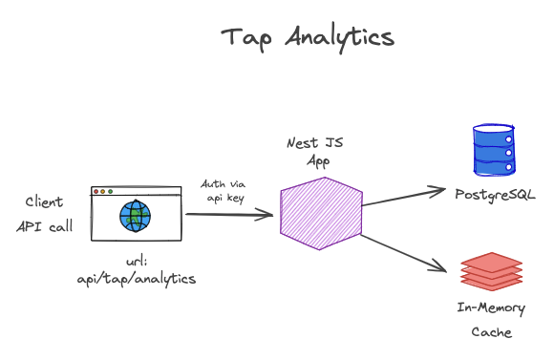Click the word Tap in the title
[246, 38]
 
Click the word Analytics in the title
[339, 38]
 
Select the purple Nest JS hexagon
[321, 214]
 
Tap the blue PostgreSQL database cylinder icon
[494, 150]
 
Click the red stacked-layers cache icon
[492, 271]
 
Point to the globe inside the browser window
[135, 216]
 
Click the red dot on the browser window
[96, 192]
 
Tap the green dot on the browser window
[110, 192]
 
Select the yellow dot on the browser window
[103, 192]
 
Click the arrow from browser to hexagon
[229, 215]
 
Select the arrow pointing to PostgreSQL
[403, 197]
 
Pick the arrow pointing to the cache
[403, 253]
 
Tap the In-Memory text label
[491, 308]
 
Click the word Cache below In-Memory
[492, 332]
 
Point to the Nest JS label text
[315, 142]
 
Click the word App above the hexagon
[318, 161]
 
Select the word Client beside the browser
[44, 202]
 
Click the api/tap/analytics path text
[137, 279]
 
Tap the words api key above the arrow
[225, 199]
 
